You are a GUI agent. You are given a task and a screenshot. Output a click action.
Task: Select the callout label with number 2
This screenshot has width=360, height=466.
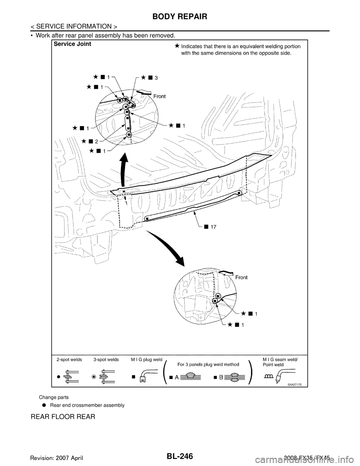(96, 141)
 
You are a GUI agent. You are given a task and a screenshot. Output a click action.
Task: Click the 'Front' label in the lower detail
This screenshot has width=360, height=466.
(242, 277)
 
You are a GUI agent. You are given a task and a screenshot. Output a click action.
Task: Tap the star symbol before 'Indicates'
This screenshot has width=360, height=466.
(176, 46)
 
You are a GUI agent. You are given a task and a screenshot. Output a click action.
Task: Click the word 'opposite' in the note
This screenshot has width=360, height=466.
(266, 53)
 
